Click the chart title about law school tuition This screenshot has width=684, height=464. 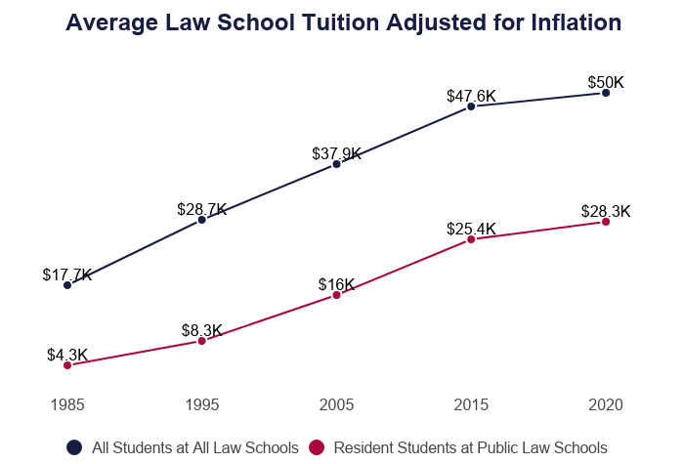[x=343, y=22]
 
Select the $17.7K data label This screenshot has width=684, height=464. [x=67, y=275]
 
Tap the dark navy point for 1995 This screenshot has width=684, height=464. [x=202, y=220]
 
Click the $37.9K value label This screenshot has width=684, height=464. [x=337, y=153]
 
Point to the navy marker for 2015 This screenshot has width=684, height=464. [x=471, y=105]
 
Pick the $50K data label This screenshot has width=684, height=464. [x=606, y=82]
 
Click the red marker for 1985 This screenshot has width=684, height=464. [x=67, y=365]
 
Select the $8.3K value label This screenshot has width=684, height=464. [x=202, y=330]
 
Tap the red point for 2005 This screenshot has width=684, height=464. [x=337, y=295]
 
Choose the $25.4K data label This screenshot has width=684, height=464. [x=471, y=229]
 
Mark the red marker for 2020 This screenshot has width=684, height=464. [x=606, y=222]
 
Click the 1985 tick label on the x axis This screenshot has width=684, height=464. [x=67, y=404]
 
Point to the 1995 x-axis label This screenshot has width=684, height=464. [x=202, y=404]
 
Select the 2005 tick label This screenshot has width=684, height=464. [x=337, y=404]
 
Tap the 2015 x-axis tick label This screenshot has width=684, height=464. [x=471, y=404]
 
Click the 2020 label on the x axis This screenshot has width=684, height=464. [x=606, y=404]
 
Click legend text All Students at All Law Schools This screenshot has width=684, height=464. [x=194, y=447]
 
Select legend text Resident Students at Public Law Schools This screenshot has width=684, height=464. [x=470, y=447]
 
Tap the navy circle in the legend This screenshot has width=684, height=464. [x=74, y=447]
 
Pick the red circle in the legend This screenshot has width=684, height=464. [x=317, y=447]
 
